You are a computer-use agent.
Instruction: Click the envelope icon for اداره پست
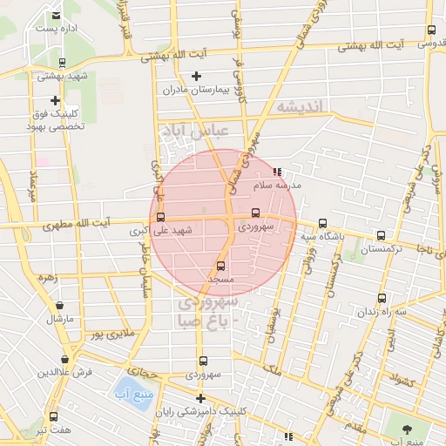(57, 16)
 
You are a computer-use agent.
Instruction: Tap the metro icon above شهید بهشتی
(61, 63)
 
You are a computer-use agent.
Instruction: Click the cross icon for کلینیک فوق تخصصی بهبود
(56, 101)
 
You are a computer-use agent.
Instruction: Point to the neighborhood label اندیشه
(299, 106)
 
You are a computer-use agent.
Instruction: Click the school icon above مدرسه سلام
(278, 172)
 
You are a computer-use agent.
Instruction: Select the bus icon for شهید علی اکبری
(159, 217)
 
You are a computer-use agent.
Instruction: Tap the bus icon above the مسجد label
(220, 266)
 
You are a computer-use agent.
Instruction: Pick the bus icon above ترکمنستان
(381, 235)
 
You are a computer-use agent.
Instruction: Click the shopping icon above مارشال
(59, 306)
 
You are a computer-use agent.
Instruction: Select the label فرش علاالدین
(64, 372)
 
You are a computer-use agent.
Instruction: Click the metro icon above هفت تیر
(54, 416)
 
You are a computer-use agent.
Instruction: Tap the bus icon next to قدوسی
(431, 30)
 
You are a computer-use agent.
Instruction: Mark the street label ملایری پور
(111, 334)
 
